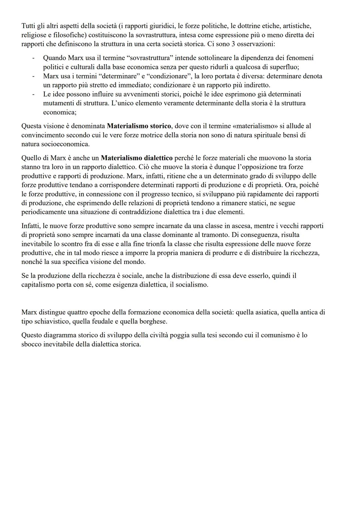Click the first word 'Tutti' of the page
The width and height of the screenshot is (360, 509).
pos(28,26)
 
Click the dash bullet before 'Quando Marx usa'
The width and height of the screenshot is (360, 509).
pos(33,58)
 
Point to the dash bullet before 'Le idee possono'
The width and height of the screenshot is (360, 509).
pos(33,94)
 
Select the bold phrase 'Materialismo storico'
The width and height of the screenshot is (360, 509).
pos(139,126)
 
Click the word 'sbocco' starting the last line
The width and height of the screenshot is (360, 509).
pos(31,344)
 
